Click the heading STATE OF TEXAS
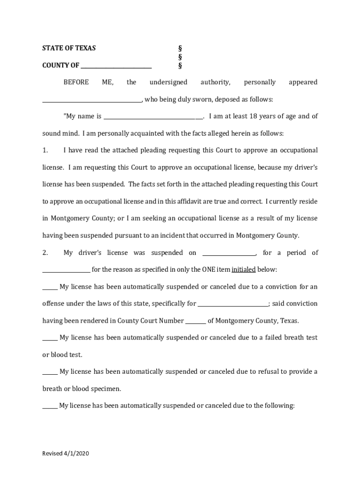tap(69, 48)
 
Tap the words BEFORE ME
tap(88, 82)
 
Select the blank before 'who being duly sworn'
tap(92, 100)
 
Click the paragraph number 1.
tap(45, 151)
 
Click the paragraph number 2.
tap(45, 253)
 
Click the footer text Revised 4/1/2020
tap(65, 454)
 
